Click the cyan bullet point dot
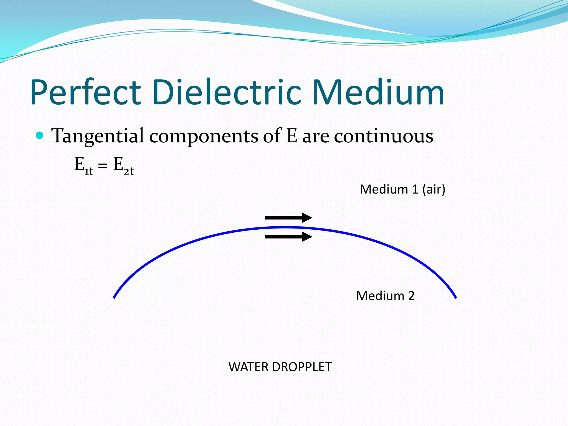point(40,136)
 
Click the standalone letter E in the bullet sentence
point(291,136)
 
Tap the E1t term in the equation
point(83,166)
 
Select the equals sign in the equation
point(103,166)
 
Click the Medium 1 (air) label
point(402,189)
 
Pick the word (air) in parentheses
point(434,190)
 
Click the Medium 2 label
point(385,296)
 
